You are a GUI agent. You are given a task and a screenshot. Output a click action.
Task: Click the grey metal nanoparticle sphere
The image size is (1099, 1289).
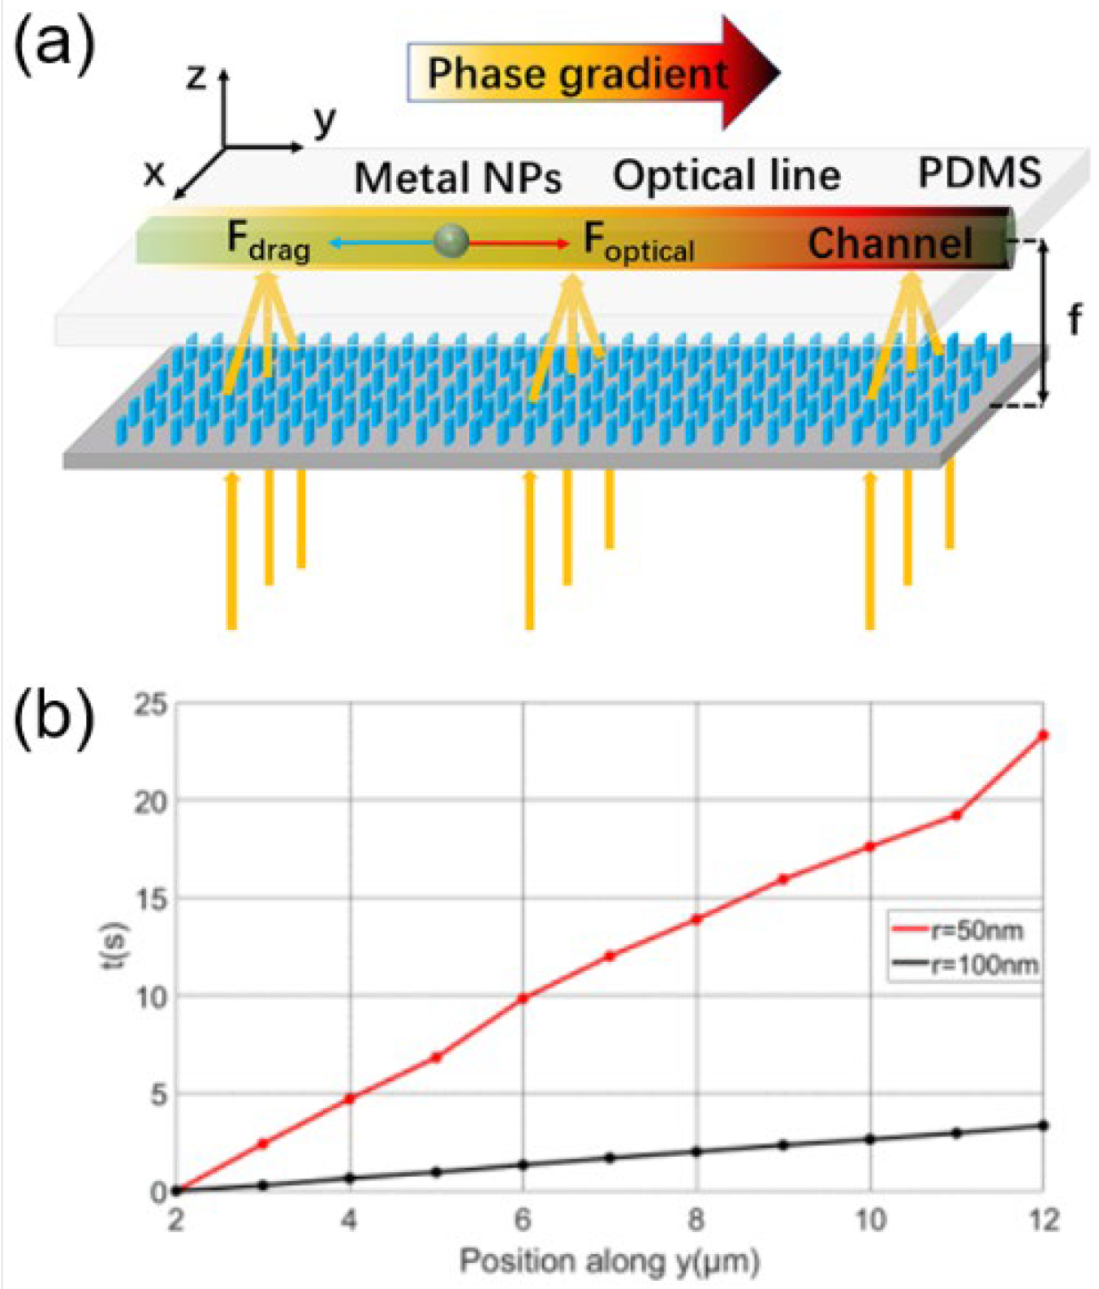pos(450,241)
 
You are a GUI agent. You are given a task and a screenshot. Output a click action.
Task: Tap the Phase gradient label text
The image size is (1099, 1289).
pos(577,74)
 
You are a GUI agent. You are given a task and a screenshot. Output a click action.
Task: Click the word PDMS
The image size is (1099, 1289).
pos(980,173)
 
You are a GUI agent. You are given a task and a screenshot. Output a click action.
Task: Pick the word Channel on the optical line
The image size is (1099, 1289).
pos(890,243)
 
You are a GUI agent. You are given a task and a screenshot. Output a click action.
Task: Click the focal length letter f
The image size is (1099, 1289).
pos(1075,320)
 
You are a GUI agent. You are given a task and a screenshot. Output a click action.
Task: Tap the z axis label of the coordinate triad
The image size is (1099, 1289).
pos(196,77)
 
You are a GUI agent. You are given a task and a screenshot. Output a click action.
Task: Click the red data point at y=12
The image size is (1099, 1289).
pos(1044,735)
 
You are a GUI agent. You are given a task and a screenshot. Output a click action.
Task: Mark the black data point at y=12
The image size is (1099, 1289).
pos(1044,1126)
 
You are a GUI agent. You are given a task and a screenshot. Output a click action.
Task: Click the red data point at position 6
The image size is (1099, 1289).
pos(524,998)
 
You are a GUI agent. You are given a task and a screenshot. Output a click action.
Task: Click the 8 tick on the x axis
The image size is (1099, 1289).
pos(696,1220)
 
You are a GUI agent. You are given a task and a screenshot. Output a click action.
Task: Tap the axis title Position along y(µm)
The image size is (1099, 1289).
pos(610,1261)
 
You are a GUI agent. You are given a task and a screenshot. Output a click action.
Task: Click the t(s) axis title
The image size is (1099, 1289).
pos(119,946)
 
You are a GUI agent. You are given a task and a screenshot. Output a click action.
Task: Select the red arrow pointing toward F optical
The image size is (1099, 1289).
pos(519,243)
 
